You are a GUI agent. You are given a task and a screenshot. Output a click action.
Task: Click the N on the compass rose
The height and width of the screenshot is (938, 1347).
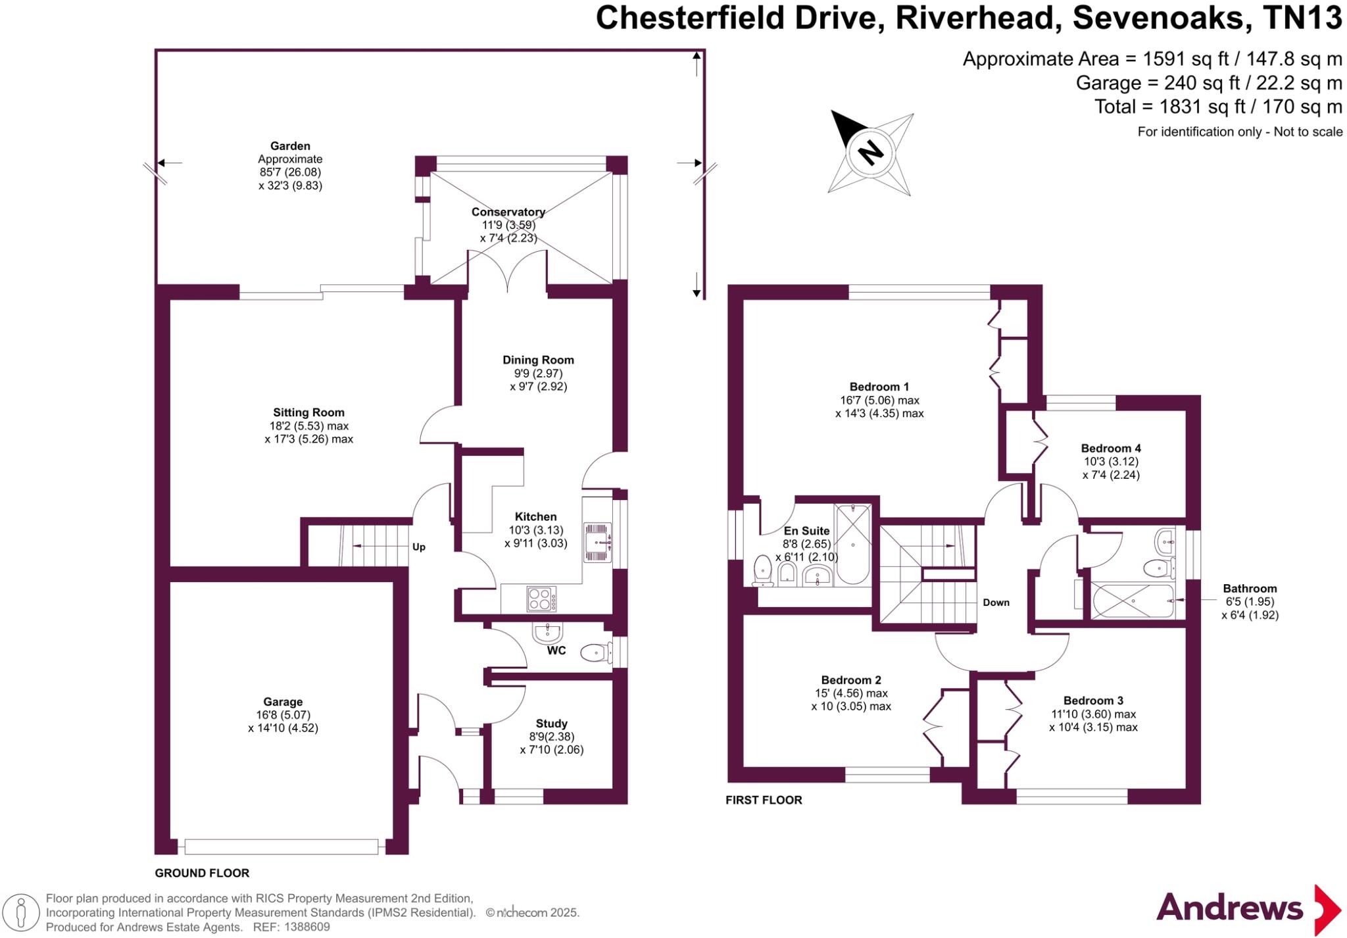pyautogui.click(x=871, y=153)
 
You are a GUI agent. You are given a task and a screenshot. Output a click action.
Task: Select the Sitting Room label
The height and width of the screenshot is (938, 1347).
pyautogui.click(x=308, y=412)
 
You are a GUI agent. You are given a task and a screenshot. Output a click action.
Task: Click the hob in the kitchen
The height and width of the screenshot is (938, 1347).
pyautogui.click(x=541, y=599)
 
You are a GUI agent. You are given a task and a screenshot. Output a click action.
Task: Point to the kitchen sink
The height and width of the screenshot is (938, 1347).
pyautogui.click(x=598, y=543)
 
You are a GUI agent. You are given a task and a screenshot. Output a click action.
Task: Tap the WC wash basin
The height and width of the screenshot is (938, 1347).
pyautogui.click(x=547, y=633)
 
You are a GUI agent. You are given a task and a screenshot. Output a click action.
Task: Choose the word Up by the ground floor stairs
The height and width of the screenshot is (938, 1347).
pyautogui.click(x=419, y=547)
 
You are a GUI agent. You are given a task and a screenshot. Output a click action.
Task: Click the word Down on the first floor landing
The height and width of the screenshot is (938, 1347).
pyautogui.click(x=996, y=603)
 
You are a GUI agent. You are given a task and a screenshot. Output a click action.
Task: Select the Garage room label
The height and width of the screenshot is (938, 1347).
pyautogui.click(x=283, y=702)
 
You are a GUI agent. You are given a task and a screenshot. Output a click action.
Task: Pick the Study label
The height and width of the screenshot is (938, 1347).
pyautogui.click(x=551, y=724)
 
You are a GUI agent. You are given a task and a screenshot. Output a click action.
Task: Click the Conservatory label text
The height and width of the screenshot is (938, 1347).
pyautogui.click(x=508, y=212)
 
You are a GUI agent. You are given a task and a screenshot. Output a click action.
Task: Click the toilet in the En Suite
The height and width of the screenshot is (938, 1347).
pyautogui.click(x=763, y=570)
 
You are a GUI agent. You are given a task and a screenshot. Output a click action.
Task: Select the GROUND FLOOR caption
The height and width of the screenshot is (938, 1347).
pyautogui.click(x=202, y=874)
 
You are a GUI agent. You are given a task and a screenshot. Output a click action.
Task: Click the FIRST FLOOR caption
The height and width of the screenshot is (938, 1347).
pyautogui.click(x=764, y=801)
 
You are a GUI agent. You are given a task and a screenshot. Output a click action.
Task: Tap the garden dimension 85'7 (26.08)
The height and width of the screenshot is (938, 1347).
pyautogui.click(x=290, y=172)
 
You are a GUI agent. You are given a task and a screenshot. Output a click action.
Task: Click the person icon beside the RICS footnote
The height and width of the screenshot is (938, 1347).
pyautogui.click(x=21, y=913)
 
